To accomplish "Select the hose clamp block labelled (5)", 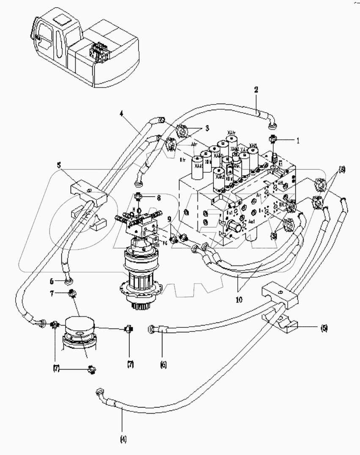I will click(x=280, y=295).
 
